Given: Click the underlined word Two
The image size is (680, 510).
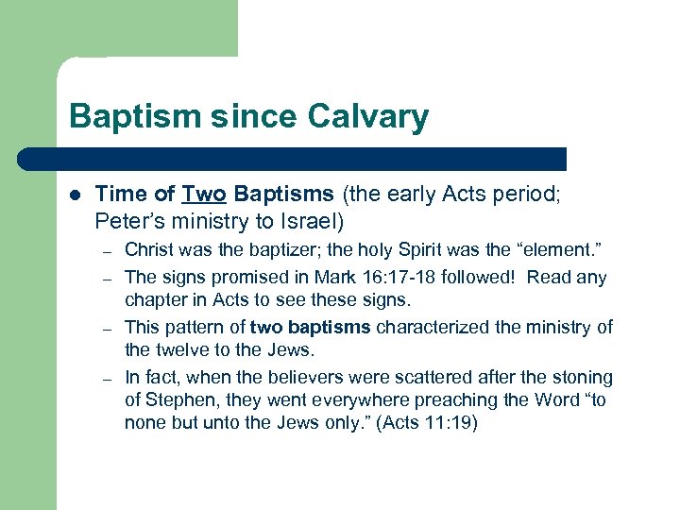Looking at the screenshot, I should click(x=205, y=195).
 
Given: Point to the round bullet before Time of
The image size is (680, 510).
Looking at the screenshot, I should click(x=76, y=195).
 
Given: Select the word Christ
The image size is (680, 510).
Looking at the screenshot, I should click(x=149, y=250).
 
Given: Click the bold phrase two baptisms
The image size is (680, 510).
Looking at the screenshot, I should click(x=312, y=327).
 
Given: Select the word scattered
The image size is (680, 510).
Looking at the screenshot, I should click(x=433, y=377).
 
